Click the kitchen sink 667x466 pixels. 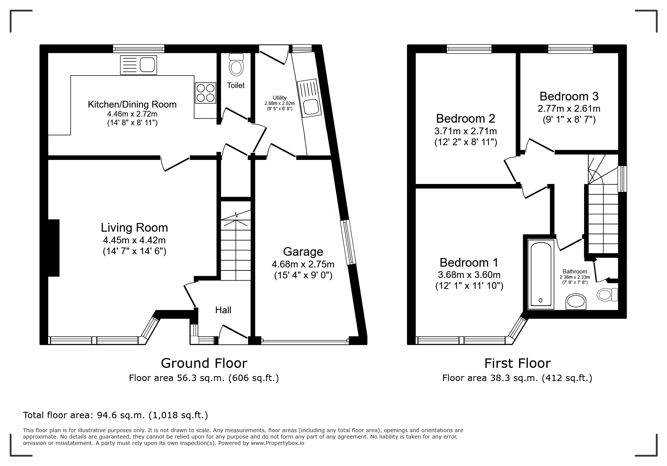click(138, 65)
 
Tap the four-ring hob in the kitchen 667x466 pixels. click(205, 93)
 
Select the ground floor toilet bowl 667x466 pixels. click(236, 65)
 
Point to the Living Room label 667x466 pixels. click(134, 228)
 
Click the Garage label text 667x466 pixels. click(303, 251)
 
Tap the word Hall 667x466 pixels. click(223, 310)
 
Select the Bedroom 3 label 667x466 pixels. click(569, 96)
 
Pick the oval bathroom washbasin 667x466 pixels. click(576, 302)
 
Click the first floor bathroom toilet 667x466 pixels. click(607, 294)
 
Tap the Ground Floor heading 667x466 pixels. click(204, 363)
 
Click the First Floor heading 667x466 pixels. click(517, 363)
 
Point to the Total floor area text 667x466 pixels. click(116, 415)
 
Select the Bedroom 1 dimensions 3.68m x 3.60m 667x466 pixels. click(469, 275)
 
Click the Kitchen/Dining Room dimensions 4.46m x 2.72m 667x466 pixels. click(132, 114)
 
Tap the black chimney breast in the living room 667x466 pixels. click(54, 248)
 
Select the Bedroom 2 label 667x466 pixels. click(466, 118)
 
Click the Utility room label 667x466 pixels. click(279, 98)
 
